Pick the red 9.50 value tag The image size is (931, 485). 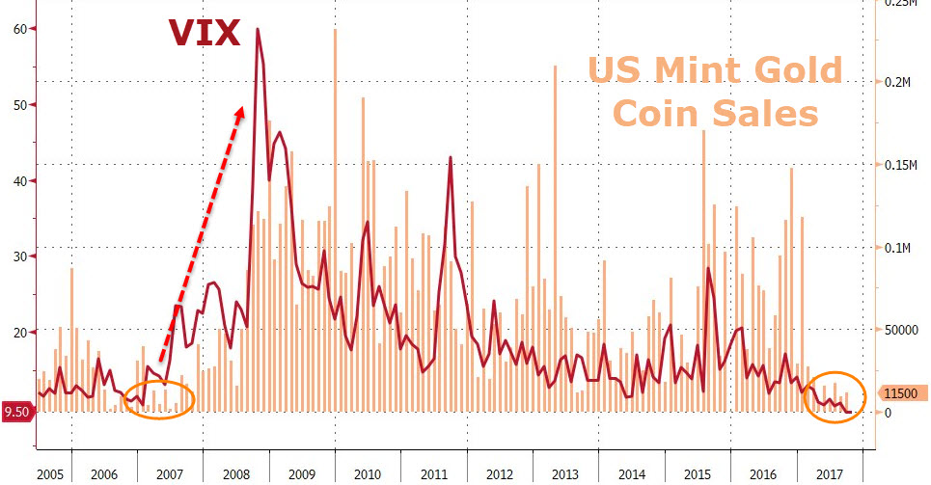tap(18, 413)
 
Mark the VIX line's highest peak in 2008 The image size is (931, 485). tap(258, 30)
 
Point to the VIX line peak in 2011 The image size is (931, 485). tap(451, 157)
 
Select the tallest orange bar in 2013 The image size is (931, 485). tap(555, 67)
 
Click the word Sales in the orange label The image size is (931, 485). tap(766, 114)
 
